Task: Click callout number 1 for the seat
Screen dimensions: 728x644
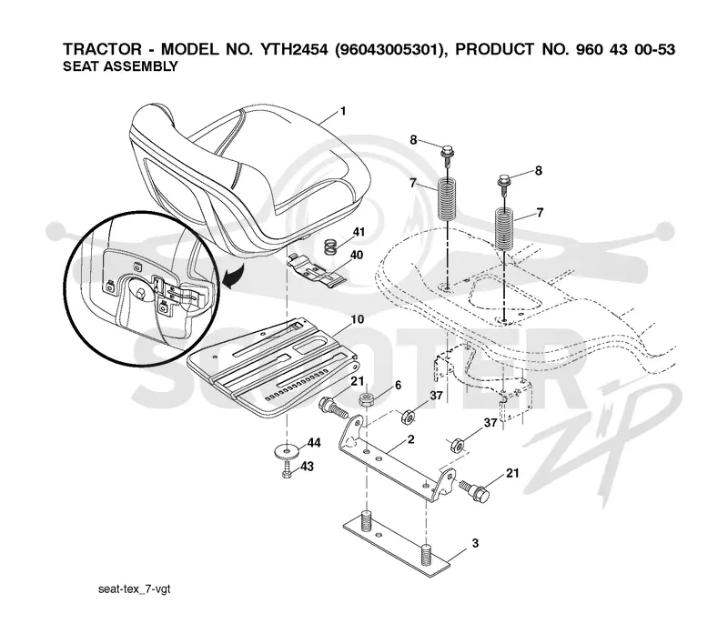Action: coord(343,111)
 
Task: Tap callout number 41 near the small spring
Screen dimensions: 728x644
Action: coord(359,232)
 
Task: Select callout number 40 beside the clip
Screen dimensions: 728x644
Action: coord(357,256)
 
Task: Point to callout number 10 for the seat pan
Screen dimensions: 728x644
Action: coord(358,319)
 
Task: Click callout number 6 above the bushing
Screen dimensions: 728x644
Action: coord(398,386)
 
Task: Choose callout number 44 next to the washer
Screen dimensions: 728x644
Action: coord(314,443)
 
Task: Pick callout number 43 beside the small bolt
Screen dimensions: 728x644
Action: coord(308,467)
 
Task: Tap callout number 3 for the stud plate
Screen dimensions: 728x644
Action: coord(475,543)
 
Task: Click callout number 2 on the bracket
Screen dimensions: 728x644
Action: coord(411,439)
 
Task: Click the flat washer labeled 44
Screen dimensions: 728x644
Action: coord(288,450)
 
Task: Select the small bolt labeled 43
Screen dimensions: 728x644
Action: coord(287,469)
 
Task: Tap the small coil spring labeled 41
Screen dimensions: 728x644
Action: coord(329,247)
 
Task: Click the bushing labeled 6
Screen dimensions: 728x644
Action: coord(368,399)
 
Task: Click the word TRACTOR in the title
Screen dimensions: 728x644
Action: coord(102,49)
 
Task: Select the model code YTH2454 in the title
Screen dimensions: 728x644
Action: coord(294,49)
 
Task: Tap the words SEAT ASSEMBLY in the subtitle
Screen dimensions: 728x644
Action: coord(120,66)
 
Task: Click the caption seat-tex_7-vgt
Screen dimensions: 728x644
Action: coord(134,589)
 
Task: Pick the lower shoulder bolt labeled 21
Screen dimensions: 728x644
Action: coord(474,490)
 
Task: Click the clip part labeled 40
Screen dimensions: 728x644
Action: coord(317,271)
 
